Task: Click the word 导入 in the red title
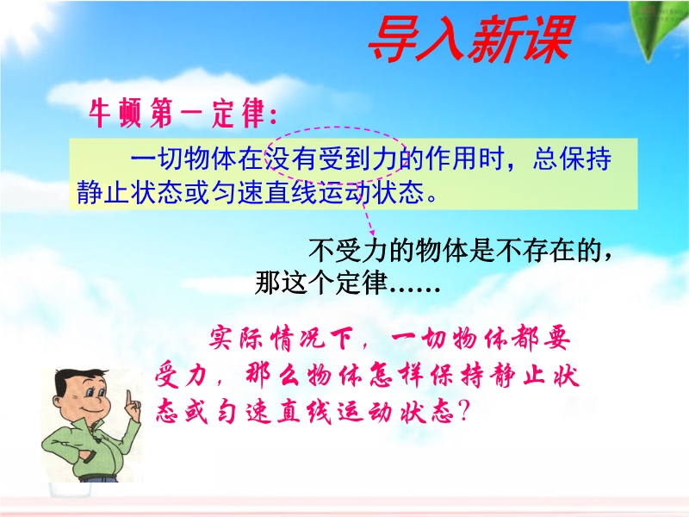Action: (x=415, y=39)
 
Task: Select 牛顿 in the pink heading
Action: (x=116, y=113)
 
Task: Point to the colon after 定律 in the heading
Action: (x=273, y=116)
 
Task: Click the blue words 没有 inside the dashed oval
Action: (x=292, y=159)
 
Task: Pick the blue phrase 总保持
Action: (x=572, y=159)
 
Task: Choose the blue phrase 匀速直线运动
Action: (x=292, y=191)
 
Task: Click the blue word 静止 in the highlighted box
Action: (x=102, y=191)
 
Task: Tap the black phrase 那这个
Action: (x=295, y=282)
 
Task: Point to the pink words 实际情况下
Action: (x=282, y=339)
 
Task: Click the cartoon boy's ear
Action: (x=59, y=401)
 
